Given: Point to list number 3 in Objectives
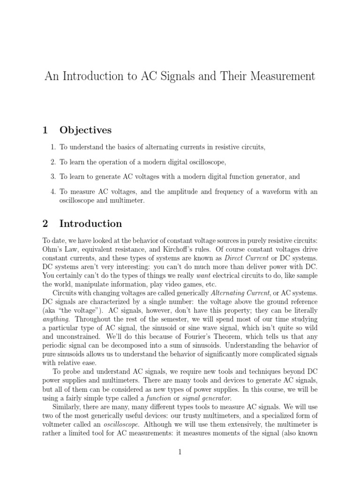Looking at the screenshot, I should click(x=53, y=177).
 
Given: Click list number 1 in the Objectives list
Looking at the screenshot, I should click(x=53, y=147).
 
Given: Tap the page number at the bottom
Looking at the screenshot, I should click(x=180, y=452).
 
